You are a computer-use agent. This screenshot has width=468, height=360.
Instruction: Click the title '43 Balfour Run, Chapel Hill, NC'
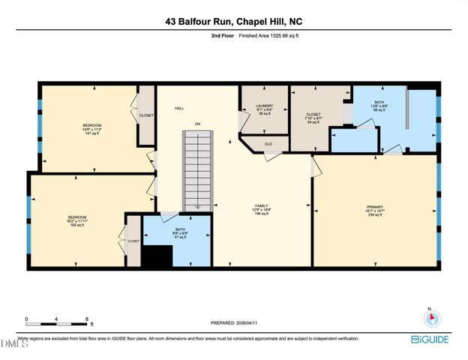233,22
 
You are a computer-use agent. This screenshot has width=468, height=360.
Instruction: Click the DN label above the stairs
198,123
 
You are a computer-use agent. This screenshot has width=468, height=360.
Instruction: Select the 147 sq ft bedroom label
91,128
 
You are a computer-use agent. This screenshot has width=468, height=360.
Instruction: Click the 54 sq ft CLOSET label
313,118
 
